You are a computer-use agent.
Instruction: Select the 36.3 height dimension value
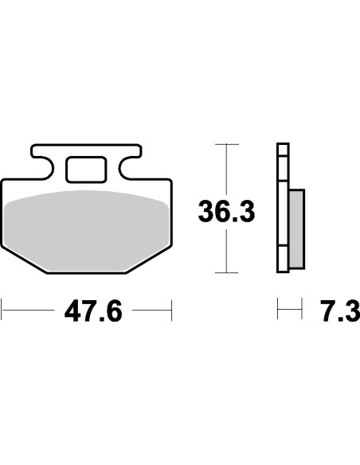click(227, 211)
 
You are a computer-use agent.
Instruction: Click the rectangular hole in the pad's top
click(84, 169)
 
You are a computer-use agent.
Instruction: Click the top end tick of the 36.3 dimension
click(228, 144)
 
